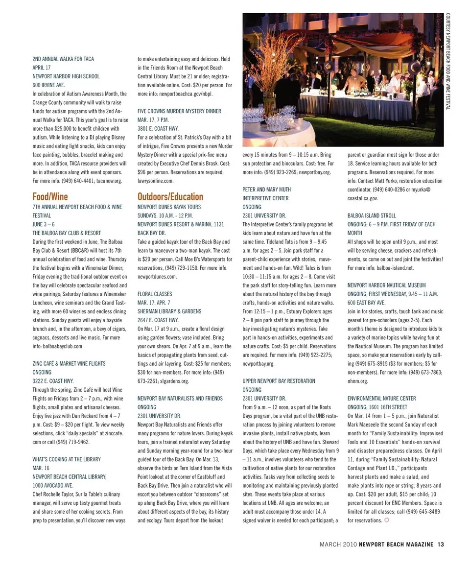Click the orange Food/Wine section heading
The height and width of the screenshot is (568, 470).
coord(50,197)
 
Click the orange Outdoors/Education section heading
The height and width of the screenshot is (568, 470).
coord(170,197)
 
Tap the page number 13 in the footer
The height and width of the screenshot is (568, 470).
coord(441,544)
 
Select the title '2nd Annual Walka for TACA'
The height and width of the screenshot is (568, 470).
coord(63,59)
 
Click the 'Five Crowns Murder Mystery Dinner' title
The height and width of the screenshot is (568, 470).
coord(179,111)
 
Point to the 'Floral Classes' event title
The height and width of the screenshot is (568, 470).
coord(155,294)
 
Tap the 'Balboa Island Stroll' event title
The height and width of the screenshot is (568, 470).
coord(372,215)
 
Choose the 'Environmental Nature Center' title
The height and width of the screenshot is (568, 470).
coord(381,398)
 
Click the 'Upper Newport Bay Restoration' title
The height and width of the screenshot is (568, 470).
coord(279,381)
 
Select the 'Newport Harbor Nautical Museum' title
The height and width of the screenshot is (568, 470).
coord(386,285)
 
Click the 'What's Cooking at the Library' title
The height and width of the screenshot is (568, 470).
coord(67,459)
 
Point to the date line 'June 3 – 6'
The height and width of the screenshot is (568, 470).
coord(44,224)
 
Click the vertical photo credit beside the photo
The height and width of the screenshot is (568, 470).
coord(447,61)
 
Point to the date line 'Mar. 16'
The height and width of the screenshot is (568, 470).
coord(41,468)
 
